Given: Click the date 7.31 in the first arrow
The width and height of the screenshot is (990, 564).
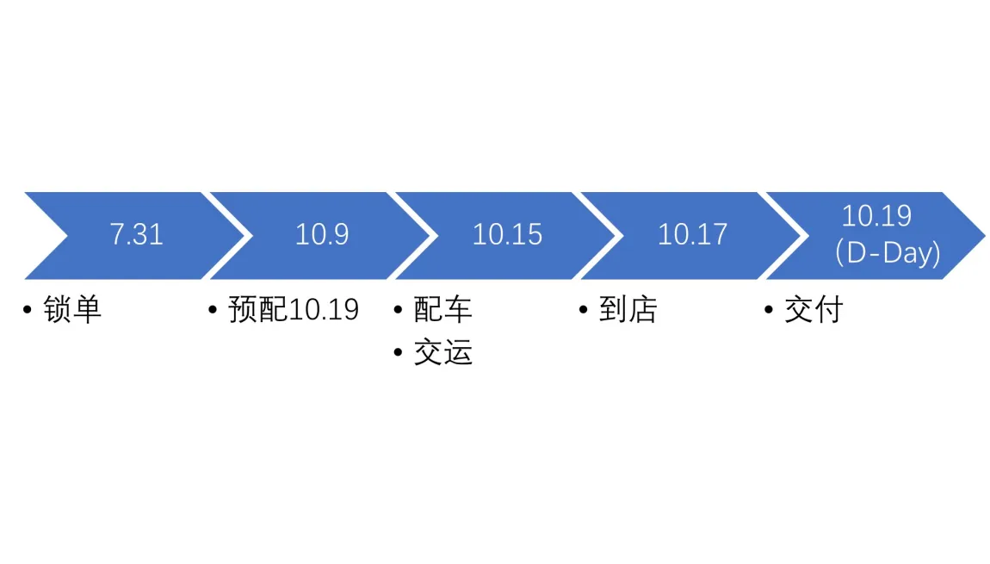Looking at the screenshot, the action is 136,234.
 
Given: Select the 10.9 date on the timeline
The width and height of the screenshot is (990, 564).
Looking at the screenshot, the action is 322,234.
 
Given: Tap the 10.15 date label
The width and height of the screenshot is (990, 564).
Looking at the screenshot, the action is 507,234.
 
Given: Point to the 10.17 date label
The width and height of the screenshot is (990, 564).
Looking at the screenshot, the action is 693,234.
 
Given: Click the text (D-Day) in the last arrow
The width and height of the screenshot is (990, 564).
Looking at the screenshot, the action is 888,253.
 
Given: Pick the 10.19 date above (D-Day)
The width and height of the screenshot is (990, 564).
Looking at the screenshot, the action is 877,216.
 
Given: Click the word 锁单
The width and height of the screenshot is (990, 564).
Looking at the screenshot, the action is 72,309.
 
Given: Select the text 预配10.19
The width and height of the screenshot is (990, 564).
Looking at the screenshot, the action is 294,309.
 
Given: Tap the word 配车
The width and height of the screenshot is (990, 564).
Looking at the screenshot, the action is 443,309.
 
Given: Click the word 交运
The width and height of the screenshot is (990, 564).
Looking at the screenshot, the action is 443,352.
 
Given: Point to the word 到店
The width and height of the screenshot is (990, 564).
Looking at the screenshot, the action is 628,309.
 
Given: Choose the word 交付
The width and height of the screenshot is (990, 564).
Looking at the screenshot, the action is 814,309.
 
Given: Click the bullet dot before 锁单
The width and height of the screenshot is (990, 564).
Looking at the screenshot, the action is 28,309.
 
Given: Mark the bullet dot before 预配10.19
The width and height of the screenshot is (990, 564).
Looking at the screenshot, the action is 213,309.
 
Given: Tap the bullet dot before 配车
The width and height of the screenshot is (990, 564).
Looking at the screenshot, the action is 398,309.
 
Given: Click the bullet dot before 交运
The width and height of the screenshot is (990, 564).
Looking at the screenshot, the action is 398,352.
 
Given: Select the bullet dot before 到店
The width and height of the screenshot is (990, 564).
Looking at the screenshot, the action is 584,309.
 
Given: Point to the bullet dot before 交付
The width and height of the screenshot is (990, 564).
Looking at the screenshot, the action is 769,309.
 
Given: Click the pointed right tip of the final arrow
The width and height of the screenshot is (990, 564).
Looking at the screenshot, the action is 985,236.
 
